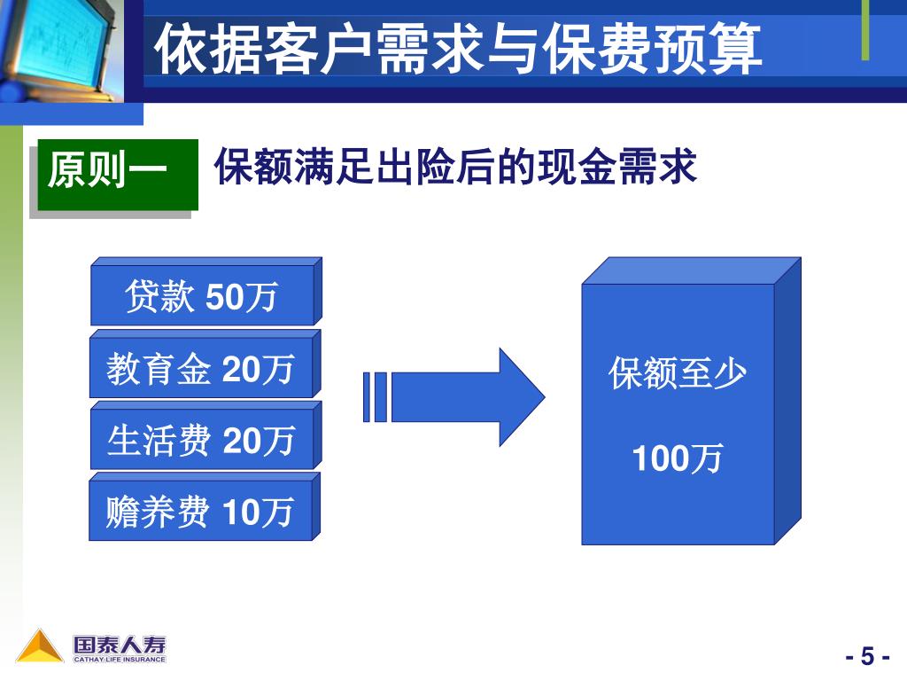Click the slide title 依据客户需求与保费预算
(458, 50)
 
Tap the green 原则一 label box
(117, 173)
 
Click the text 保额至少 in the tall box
(678, 375)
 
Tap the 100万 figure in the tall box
(678, 459)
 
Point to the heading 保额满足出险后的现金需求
(456, 167)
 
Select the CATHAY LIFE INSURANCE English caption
(119, 659)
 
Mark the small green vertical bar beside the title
(865, 31)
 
